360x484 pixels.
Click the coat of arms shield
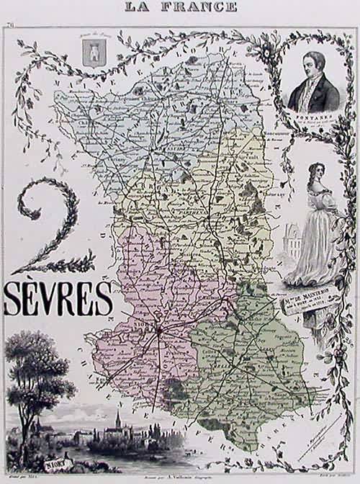point(92,55)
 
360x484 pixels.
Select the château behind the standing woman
point(292,238)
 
